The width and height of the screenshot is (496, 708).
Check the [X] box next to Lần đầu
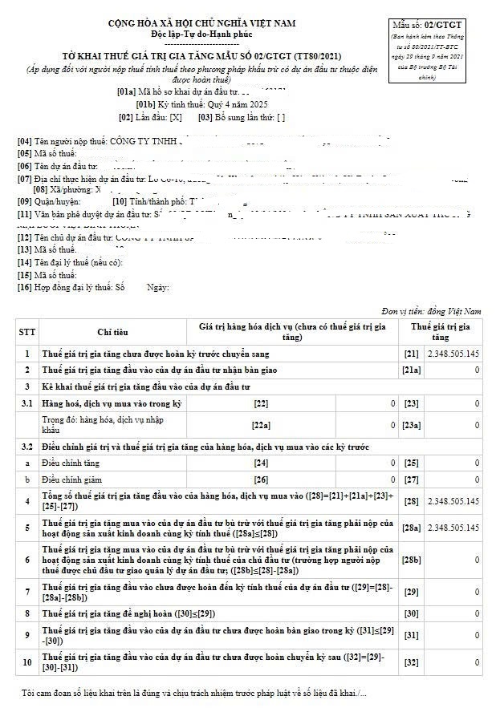click(176, 117)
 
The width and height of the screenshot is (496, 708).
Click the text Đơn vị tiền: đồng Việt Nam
click(431, 310)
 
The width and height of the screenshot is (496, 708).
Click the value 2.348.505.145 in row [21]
click(453, 354)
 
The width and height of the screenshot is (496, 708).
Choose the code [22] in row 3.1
click(261, 403)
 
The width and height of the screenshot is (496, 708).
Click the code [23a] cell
click(411, 425)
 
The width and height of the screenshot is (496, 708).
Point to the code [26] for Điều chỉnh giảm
click(261, 479)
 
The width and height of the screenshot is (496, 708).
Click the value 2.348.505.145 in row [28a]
click(453, 528)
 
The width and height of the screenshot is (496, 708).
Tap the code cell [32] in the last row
click(411, 662)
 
